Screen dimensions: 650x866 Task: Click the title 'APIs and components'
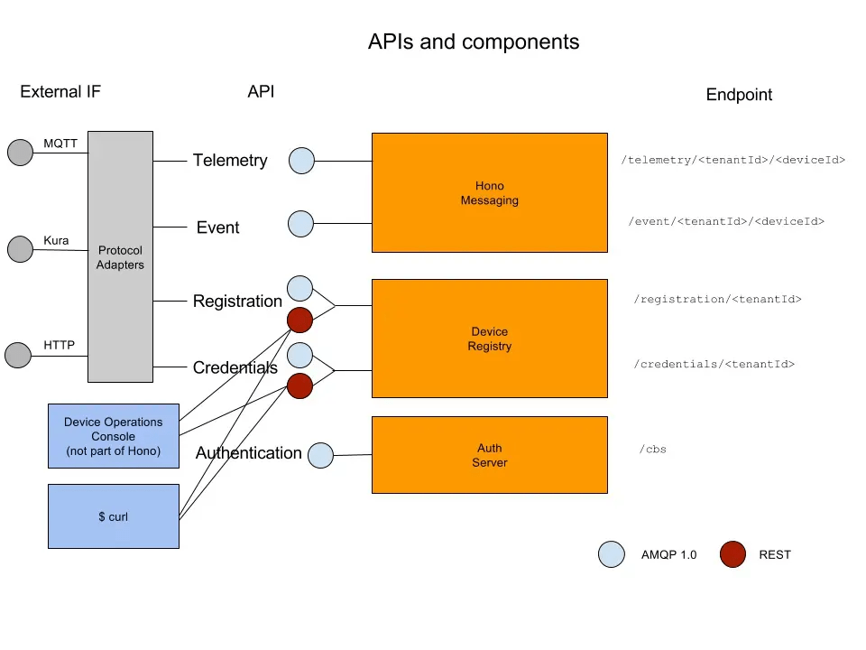click(474, 42)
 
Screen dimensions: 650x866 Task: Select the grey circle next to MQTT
click(20, 153)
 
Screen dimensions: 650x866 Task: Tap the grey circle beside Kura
click(20, 249)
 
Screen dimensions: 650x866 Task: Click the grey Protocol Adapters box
click(120, 258)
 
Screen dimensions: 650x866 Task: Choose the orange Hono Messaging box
click(489, 192)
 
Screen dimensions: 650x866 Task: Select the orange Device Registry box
click(489, 339)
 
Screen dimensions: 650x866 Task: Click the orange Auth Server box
click(489, 455)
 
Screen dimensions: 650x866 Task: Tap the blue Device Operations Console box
click(113, 436)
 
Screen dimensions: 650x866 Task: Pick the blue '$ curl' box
click(113, 516)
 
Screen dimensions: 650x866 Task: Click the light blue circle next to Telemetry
click(301, 161)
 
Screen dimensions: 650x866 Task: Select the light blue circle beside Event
click(300, 223)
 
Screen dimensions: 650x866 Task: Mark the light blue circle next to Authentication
click(321, 455)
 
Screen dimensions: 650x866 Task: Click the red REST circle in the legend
click(732, 554)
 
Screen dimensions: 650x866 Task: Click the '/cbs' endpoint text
click(652, 449)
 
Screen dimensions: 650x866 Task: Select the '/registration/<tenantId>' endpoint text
click(719, 299)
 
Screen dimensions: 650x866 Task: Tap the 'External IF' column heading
click(60, 91)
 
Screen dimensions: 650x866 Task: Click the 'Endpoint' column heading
click(739, 95)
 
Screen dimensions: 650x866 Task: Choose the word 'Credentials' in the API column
click(235, 367)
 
